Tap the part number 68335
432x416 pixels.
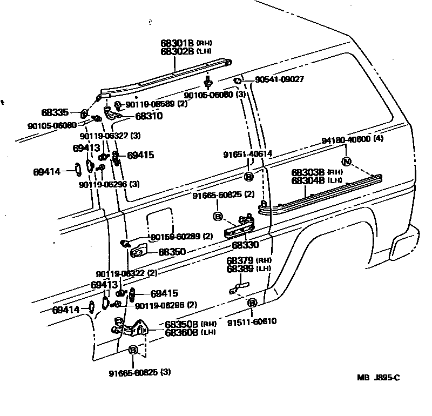pyautogui.click(x=55, y=113)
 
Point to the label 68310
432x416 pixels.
pyautogui.click(x=148, y=116)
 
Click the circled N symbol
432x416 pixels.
pyautogui.click(x=347, y=162)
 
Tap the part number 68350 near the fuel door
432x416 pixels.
pyautogui.click(x=172, y=252)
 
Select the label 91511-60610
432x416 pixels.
pyautogui.click(x=252, y=321)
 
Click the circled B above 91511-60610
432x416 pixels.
pyautogui.click(x=252, y=304)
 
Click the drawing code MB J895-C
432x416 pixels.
pyautogui.click(x=379, y=378)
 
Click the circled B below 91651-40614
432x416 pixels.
pyautogui.click(x=249, y=177)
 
